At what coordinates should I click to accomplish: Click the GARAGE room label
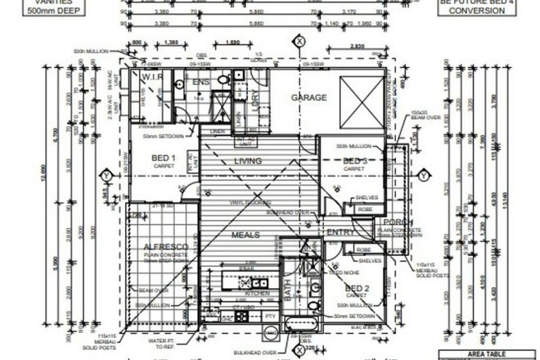[x=309, y=97]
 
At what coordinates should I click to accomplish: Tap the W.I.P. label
[x=155, y=77]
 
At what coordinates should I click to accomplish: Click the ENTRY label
[x=339, y=232]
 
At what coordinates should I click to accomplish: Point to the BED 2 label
[x=357, y=288]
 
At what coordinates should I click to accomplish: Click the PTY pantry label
[x=270, y=315]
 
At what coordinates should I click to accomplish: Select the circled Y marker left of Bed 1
[x=106, y=175]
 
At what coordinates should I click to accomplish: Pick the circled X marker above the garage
[x=300, y=40]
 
